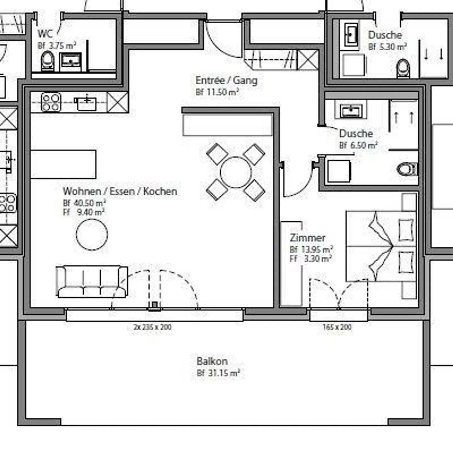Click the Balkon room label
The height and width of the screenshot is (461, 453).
[212, 361]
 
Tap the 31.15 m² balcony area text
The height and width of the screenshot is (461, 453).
[218, 373]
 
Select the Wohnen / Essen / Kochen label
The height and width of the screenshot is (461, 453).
[120, 191]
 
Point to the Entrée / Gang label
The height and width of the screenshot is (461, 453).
[226, 80]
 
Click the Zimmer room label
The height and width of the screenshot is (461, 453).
[307, 238]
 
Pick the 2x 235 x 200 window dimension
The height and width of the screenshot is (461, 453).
[153, 327]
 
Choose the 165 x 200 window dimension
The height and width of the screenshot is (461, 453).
[337, 327]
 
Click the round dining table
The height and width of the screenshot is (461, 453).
[236, 172]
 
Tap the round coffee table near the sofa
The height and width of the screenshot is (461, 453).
[92, 234]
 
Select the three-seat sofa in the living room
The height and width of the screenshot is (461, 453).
[92, 281]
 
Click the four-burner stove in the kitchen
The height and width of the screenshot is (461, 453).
[51, 102]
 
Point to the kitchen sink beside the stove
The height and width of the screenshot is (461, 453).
[87, 103]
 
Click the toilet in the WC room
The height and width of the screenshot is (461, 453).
[48, 61]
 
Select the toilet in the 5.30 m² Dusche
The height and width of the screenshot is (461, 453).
[403, 68]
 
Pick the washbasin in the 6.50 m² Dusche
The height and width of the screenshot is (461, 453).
[351, 110]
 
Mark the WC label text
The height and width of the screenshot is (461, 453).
[45, 34]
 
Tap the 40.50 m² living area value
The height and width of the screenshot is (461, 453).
[84, 203]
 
